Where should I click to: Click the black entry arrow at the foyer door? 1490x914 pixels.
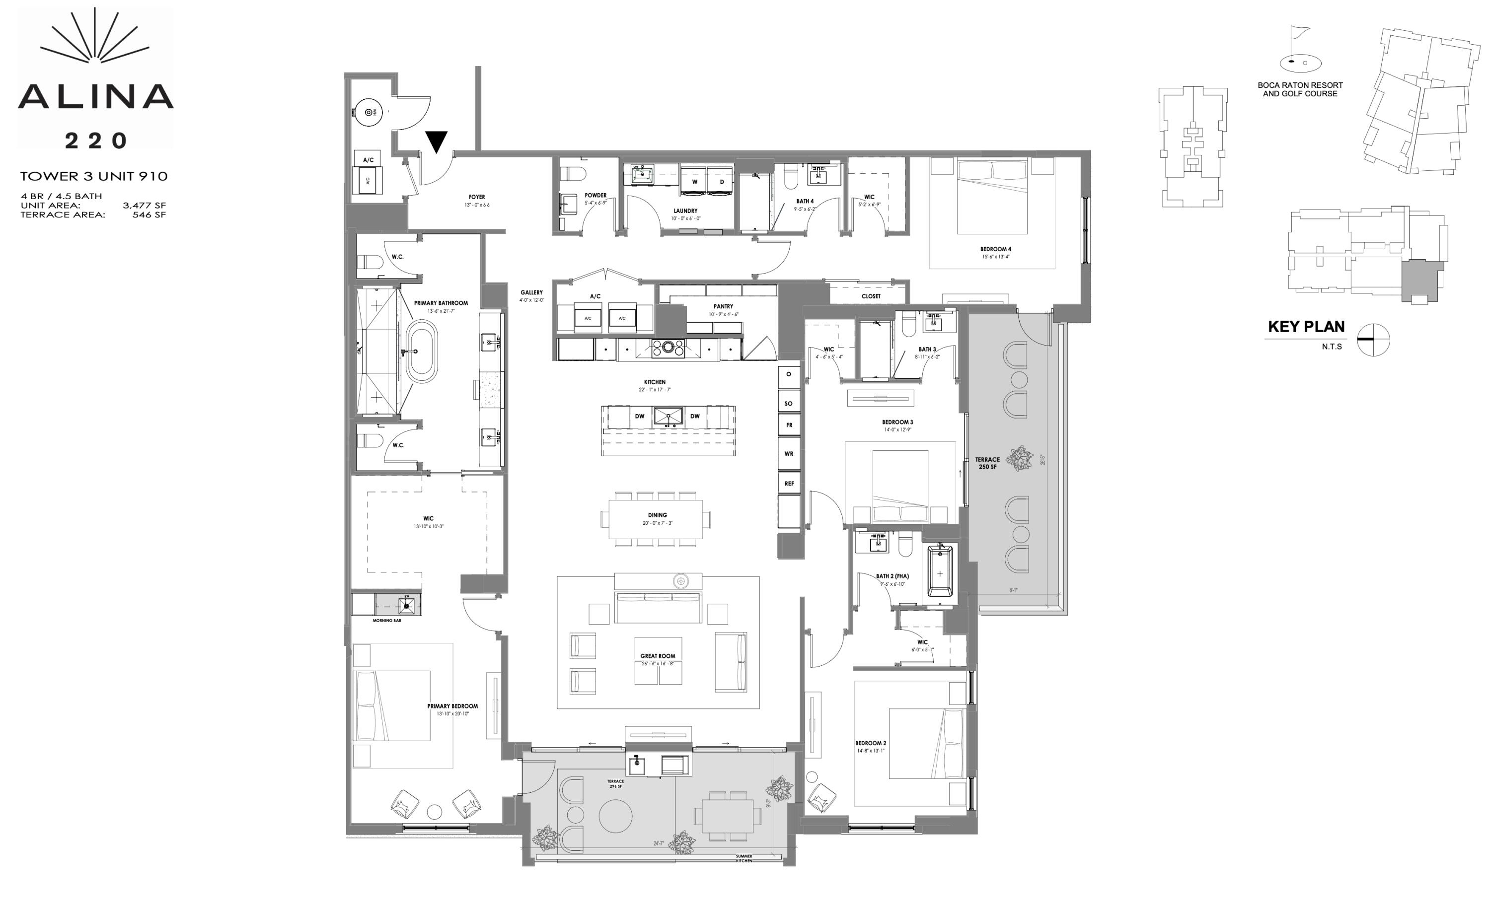click(x=436, y=141)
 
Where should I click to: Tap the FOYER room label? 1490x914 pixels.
click(x=476, y=197)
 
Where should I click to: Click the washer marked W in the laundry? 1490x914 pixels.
click(x=695, y=181)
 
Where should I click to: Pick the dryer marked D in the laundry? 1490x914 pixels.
click(x=722, y=181)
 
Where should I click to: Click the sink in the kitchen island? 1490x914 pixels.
click(x=668, y=416)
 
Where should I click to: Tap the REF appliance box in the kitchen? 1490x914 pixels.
click(x=789, y=484)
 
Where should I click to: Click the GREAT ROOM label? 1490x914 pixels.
click(x=658, y=656)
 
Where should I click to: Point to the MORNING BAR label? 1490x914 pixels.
click(x=386, y=621)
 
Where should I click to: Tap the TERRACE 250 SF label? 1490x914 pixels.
click(x=987, y=463)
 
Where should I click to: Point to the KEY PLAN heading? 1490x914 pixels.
click(x=1306, y=327)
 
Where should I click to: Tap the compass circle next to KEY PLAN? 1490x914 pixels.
click(x=1373, y=340)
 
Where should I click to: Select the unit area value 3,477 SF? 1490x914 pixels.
click(x=144, y=206)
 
